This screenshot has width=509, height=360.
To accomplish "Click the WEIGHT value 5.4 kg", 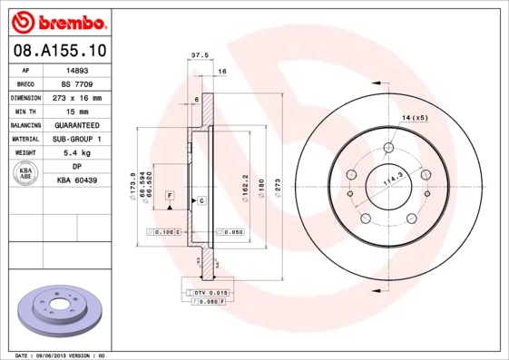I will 77,153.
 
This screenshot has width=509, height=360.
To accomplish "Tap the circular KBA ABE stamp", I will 25,174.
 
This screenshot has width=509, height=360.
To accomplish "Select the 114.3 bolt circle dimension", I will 394,180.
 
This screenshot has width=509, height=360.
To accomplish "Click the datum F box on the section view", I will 169,195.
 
